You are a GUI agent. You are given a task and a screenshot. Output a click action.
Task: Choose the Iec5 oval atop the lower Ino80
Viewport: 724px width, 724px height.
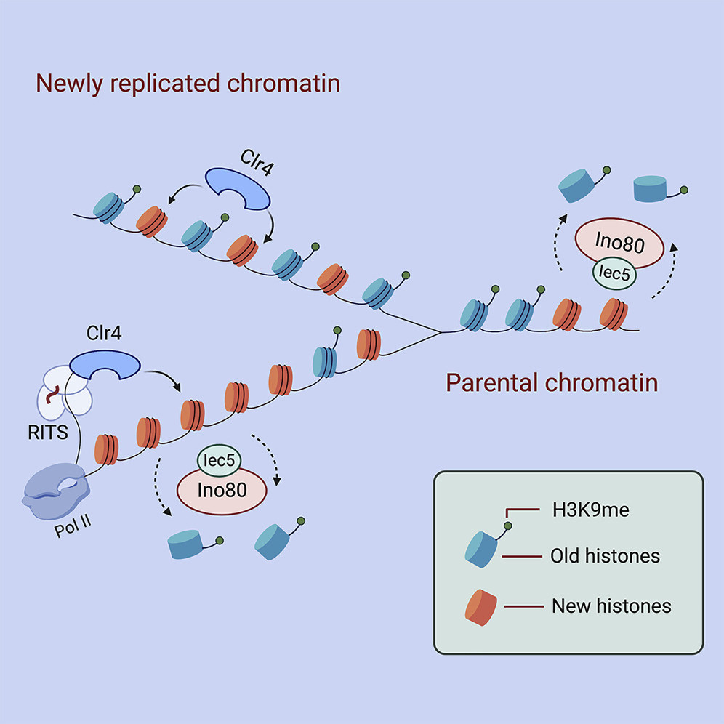[x=221, y=461]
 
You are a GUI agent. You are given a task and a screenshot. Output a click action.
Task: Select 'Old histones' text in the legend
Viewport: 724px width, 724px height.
[x=606, y=557]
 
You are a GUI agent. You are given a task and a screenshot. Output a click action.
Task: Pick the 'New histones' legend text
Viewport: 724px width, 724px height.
[x=611, y=605]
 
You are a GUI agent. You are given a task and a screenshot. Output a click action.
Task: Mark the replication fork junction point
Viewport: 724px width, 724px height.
[x=441, y=333]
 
